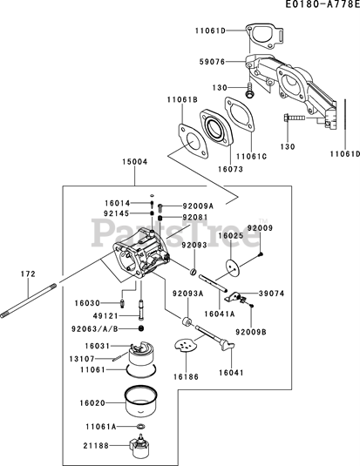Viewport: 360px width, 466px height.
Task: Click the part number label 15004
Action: [x=135, y=162]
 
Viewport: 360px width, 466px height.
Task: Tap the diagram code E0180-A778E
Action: [x=323, y=4]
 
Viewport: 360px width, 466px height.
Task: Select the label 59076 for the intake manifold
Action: [x=212, y=62]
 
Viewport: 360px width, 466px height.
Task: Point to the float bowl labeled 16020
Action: [x=141, y=401]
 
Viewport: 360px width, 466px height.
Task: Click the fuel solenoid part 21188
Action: [x=139, y=445]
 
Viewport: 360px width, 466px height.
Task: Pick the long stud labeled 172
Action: [x=28, y=301]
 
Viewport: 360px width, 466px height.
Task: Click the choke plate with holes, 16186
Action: [x=186, y=345]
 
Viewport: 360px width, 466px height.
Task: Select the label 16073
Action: [x=231, y=169]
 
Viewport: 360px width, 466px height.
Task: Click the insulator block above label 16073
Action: [x=216, y=128]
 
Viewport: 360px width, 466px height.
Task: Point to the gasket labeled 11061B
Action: [x=194, y=142]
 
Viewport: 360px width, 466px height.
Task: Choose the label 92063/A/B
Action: [x=95, y=328]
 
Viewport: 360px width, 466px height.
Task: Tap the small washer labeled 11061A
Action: [x=141, y=427]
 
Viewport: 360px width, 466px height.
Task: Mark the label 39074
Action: [x=272, y=294]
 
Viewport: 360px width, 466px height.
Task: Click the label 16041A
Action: [x=220, y=314]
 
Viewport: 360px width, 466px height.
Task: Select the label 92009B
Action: [x=251, y=332]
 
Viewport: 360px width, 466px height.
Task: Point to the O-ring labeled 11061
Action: [x=141, y=369]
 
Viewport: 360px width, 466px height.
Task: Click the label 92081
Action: [x=195, y=217]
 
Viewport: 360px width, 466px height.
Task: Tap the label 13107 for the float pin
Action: [x=82, y=359]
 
